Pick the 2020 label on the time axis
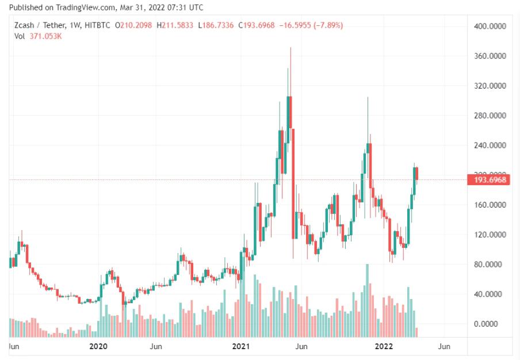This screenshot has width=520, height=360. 99,346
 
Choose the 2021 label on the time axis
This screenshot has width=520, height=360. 239,346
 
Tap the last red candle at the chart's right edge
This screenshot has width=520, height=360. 416,173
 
